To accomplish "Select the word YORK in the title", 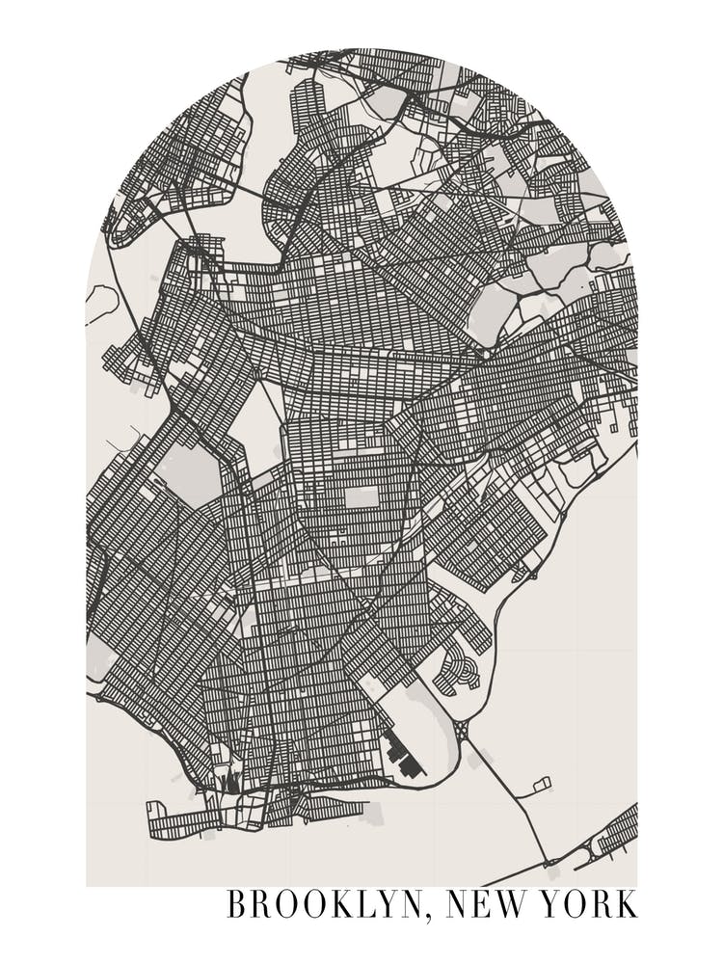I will coord(589,905).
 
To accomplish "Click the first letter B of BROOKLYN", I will coord(236,905).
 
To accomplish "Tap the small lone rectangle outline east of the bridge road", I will coord(541,784).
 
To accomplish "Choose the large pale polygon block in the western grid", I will coord(186,472).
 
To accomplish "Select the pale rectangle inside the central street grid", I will coord(361,496).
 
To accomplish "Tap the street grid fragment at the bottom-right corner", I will coord(617,834).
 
